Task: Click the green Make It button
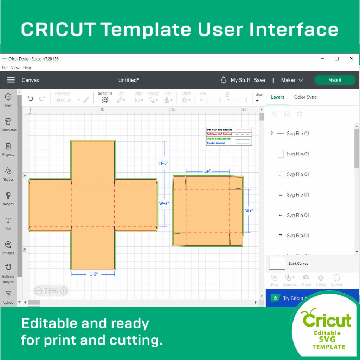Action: pyautogui.click(x=334, y=80)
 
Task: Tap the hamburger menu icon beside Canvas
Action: pyautogui.click(x=11, y=80)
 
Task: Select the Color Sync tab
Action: pyautogui.click(x=305, y=97)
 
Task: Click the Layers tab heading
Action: pyautogui.click(x=277, y=97)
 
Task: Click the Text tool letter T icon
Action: pyautogui.click(x=8, y=220)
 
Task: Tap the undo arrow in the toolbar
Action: pyautogui.click(x=31, y=98)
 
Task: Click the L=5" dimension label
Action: pyautogui.click(x=93, y=274)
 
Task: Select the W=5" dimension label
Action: pyautogui.click(x=164, y=204)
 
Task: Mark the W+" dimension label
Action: pyautogui.click(x=249, y=211)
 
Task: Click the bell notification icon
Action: pyautogui.click(x=223, y=80)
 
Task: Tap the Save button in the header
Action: pyautogui.click(x=259, y=80)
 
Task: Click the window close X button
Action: pyautogui.click(x=351, y=59)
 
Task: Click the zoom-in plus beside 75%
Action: pyautogui.click(x=64, y=291)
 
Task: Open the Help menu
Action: pyautogui.click(x=27, y=67)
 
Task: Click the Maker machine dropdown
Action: pyautogui.click(x=292, y=80)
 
